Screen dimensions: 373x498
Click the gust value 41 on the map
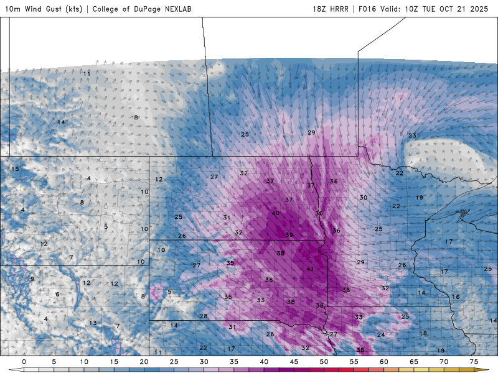310,269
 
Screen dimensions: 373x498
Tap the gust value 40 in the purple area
275,213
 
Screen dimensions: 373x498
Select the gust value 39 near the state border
289,234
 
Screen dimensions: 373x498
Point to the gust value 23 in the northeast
412,136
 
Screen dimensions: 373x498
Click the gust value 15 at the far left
15,169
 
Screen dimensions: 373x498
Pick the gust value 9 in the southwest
32,279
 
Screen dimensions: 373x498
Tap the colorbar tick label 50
324,362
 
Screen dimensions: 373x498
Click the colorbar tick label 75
474,362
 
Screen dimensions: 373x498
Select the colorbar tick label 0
24,362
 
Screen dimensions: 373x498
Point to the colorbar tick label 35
234,362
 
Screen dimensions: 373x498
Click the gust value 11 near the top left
87,73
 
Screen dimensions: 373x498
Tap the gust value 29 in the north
311,132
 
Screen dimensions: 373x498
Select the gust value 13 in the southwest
93,323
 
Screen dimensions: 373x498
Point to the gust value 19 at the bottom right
440,351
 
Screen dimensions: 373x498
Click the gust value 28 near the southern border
204,316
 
